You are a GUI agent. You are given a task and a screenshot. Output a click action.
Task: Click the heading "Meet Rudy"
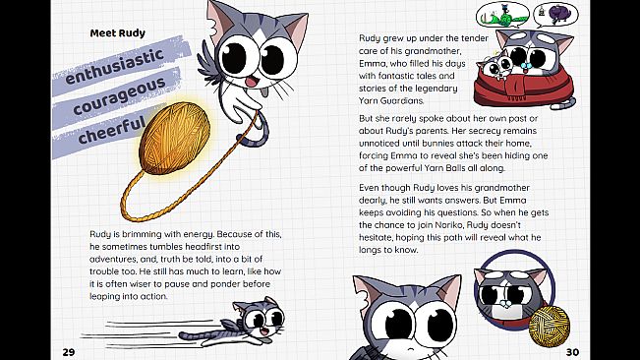pyautogui.click(x=117, y=31)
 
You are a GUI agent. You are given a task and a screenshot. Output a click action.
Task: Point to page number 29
pyautogui.click(x=68, y=351)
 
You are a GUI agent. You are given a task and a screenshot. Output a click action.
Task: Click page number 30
pyautogui.click(x=572, y=351)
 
